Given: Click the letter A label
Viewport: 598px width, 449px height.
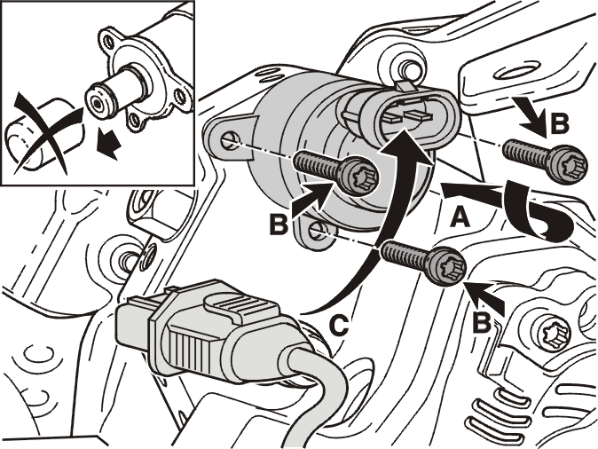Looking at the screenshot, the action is coord(460,217).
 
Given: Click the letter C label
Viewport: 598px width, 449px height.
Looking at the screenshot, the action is coord(339,326).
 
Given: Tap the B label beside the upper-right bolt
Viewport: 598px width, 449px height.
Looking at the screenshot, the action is coord(559,123).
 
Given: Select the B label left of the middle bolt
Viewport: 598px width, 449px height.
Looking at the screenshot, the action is coord(279,224).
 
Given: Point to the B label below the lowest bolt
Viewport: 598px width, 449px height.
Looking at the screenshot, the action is coord(481,323).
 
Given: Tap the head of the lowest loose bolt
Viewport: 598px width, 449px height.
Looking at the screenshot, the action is coord(448,265).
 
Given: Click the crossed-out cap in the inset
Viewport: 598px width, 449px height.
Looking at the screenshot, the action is coord(42,134).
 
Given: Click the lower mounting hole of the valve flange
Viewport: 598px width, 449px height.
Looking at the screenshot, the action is coord(316,230).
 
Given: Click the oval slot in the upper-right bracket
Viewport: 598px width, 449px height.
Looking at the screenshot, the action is coord(515,74).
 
